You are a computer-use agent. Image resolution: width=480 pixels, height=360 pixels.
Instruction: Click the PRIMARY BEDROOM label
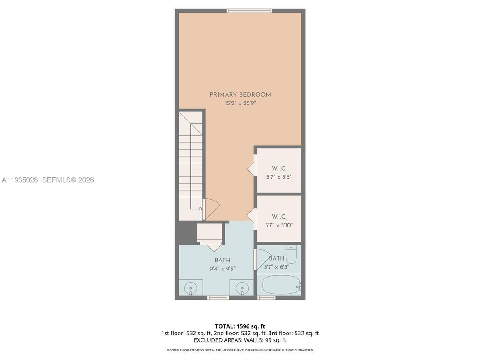(240, 94)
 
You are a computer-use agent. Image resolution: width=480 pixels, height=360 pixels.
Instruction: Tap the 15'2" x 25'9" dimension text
(240, 103)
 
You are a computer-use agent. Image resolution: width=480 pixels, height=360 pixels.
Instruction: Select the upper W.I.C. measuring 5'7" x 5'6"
(279, 172)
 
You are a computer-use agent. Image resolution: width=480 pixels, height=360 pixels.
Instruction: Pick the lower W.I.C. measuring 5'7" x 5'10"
(279, 221)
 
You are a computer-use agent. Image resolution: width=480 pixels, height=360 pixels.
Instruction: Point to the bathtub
(281, 285)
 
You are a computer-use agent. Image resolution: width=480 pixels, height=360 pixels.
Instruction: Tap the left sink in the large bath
(191, 287)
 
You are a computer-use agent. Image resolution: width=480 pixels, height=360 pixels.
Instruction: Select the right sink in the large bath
(242, 287)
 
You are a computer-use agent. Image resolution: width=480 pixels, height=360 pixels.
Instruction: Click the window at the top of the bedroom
(249, 10)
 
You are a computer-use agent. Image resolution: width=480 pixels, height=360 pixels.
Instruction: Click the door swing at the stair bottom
(212, 209)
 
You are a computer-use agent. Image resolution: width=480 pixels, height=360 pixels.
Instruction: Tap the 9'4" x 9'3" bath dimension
(222, 269)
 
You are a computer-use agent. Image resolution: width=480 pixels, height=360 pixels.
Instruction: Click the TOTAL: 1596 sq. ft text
(240, 326)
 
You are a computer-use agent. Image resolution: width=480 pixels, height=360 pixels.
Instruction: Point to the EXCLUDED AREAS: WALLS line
(240, 340)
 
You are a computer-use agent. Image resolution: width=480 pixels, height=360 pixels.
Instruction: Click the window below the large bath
(218, 297)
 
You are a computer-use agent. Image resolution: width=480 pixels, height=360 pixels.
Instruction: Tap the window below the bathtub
(267, 297)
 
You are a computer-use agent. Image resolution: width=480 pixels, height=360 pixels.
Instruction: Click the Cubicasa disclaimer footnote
(240, 350)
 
